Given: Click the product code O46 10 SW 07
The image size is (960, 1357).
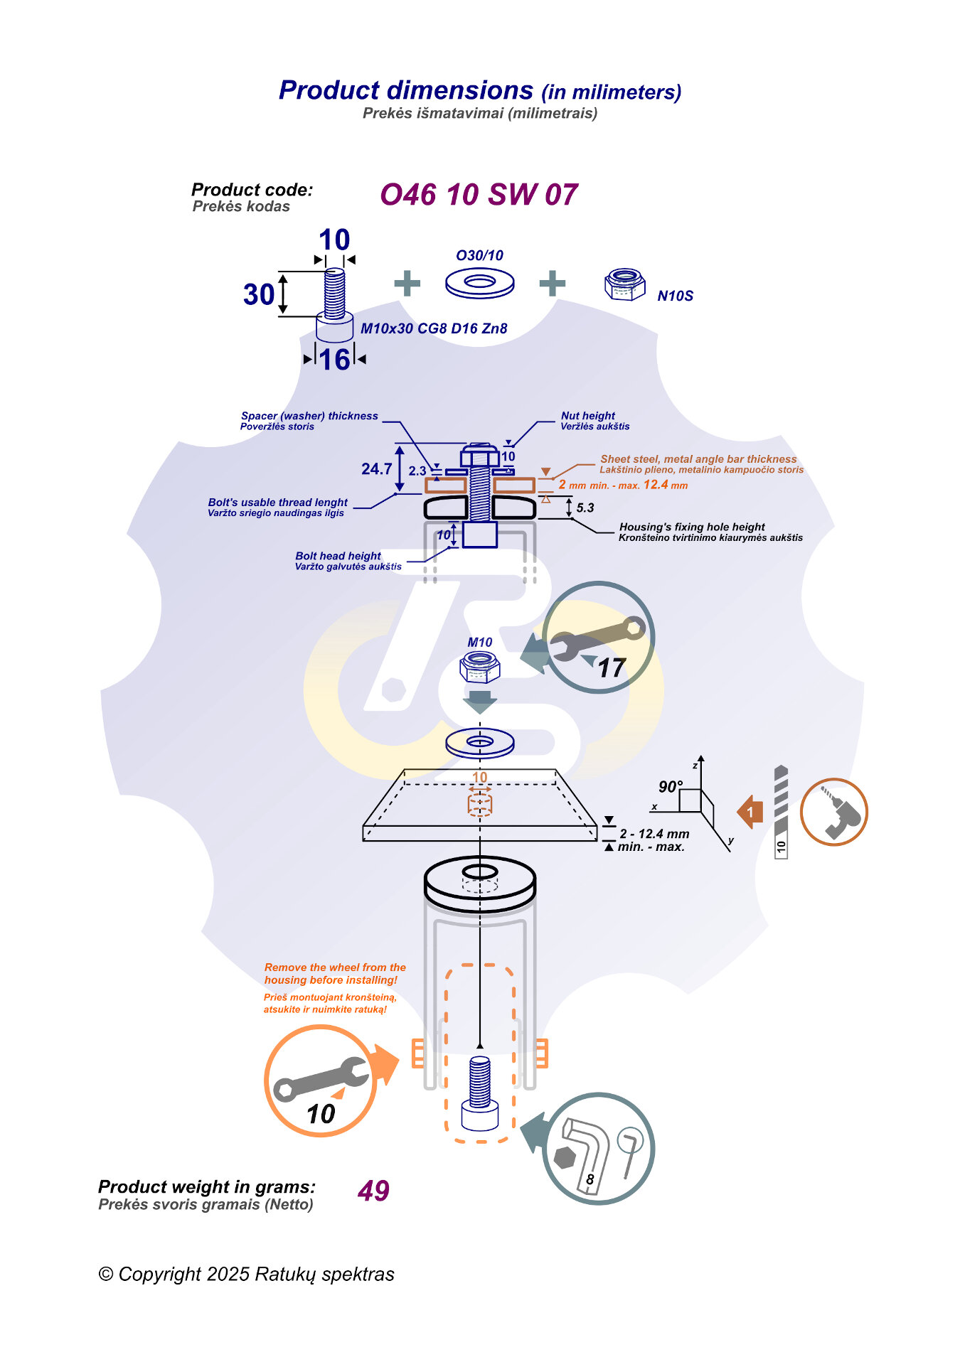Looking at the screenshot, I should [479, 195].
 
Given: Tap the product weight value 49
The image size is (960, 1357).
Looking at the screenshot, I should [373, 1191].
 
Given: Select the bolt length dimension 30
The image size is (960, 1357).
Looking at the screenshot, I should [258, 294].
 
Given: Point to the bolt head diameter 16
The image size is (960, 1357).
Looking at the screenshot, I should [334, 360].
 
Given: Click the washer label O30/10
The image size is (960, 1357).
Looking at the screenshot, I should [479, 256].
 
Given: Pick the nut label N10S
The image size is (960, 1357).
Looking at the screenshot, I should [675, 296].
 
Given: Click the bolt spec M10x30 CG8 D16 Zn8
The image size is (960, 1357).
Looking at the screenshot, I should [434, 328].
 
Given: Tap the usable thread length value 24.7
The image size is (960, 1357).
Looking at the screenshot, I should [376, 469].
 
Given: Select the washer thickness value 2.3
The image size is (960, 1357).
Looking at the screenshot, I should [417, 471].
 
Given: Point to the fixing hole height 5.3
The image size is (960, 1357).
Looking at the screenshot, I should [585, 508].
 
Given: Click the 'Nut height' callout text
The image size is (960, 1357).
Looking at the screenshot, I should [588, 416].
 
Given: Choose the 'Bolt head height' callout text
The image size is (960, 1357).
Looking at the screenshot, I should [338, 556].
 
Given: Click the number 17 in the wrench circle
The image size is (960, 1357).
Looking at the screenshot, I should [611, 668].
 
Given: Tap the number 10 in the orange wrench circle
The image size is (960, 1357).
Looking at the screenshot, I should [321, 1114].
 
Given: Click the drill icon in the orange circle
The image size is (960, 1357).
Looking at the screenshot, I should [833, 812].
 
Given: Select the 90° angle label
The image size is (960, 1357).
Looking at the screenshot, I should [670, 787].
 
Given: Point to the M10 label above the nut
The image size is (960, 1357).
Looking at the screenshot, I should [480, 643].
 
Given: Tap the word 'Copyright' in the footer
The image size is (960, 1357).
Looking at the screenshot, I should [160, 1275].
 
